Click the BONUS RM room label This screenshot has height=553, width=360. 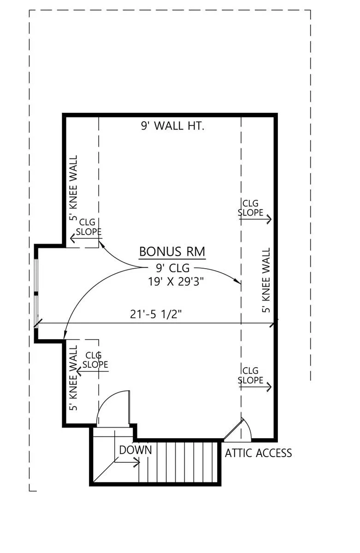[x=172, y=252]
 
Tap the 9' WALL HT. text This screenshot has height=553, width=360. [x=172, y=126]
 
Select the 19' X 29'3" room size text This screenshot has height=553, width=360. [x=176, y=281]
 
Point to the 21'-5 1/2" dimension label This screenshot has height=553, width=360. [x=156, y=314]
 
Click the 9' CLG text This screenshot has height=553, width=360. [x=172, y=268]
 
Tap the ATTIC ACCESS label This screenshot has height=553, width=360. [x=258, y=453]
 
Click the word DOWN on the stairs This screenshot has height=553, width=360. [x=136, y=450]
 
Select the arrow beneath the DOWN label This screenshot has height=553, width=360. [x=127, y=462]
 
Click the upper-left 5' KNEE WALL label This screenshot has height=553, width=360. [x=73, y=188]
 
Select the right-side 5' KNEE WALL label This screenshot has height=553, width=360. [x=266, y=280]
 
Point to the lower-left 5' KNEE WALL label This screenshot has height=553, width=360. [x=73, y=378]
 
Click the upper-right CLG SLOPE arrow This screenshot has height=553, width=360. [x=255, y=219]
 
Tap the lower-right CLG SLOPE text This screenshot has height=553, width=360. [x=250, y=376]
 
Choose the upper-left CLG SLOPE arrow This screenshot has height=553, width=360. [x=86, y=239]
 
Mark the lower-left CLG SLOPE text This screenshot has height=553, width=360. [x=95, y=360]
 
